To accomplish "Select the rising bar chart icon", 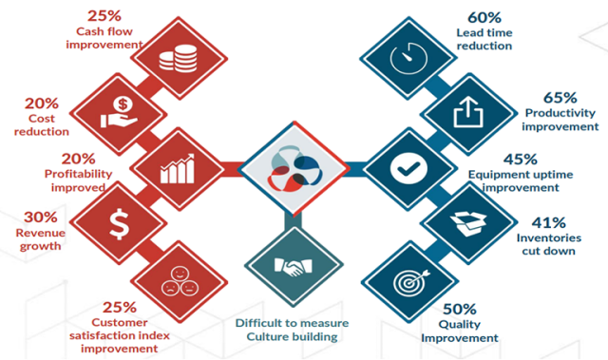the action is pos(178,170).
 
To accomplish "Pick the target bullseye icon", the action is pos(410,281).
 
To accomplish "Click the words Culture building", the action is pos(287,337).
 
